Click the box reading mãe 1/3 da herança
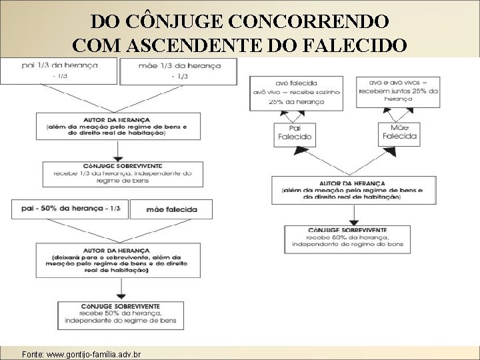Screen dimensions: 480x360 pos(178,70)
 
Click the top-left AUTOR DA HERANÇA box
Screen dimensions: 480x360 pos(117,125)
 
